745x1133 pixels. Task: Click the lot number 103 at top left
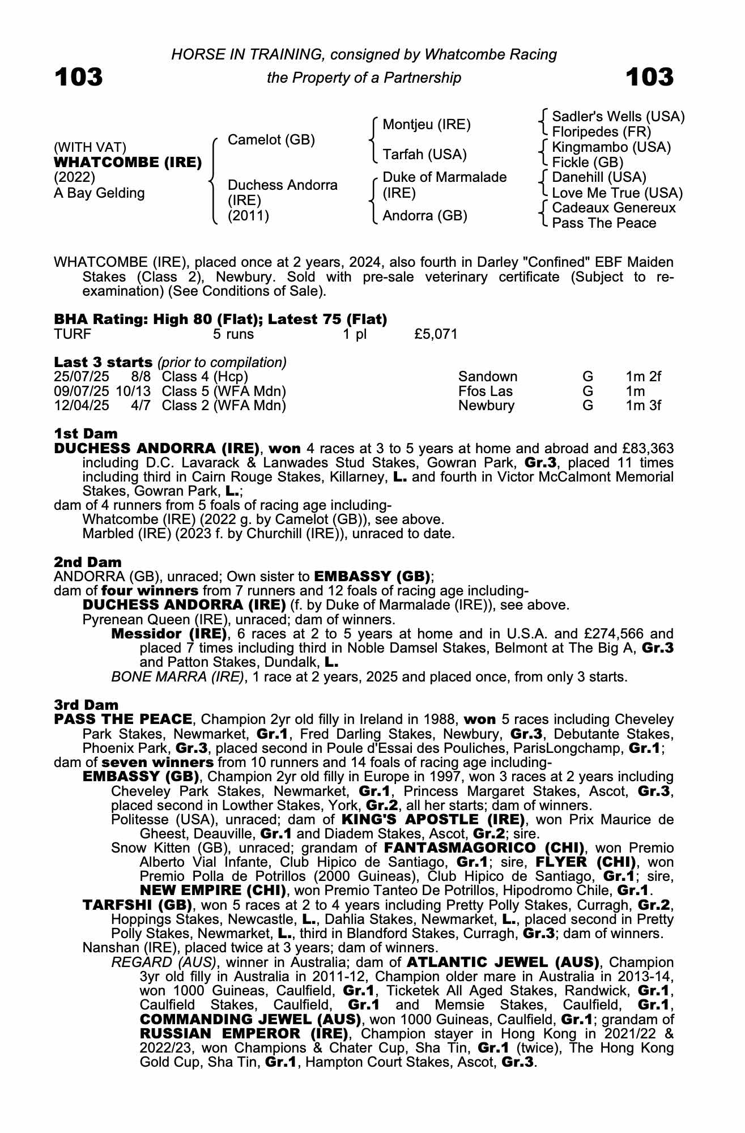click(79, 76)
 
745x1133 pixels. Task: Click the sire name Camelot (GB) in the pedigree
click(271, 140)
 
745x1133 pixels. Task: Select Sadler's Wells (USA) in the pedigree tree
click(618, 117)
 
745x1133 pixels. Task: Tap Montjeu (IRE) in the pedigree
click(427, 125)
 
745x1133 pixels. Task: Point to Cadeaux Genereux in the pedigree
click(614, 208)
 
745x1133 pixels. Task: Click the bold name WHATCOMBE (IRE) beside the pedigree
click(127, 163)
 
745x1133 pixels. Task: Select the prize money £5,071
click(435, 334)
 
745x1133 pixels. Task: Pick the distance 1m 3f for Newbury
click(643, 406)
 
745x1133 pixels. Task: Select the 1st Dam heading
click(86, 433)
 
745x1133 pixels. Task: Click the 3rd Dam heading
click(86, 705)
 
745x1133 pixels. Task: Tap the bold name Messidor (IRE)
click(169, 633)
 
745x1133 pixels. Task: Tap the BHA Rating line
click(220, 320)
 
